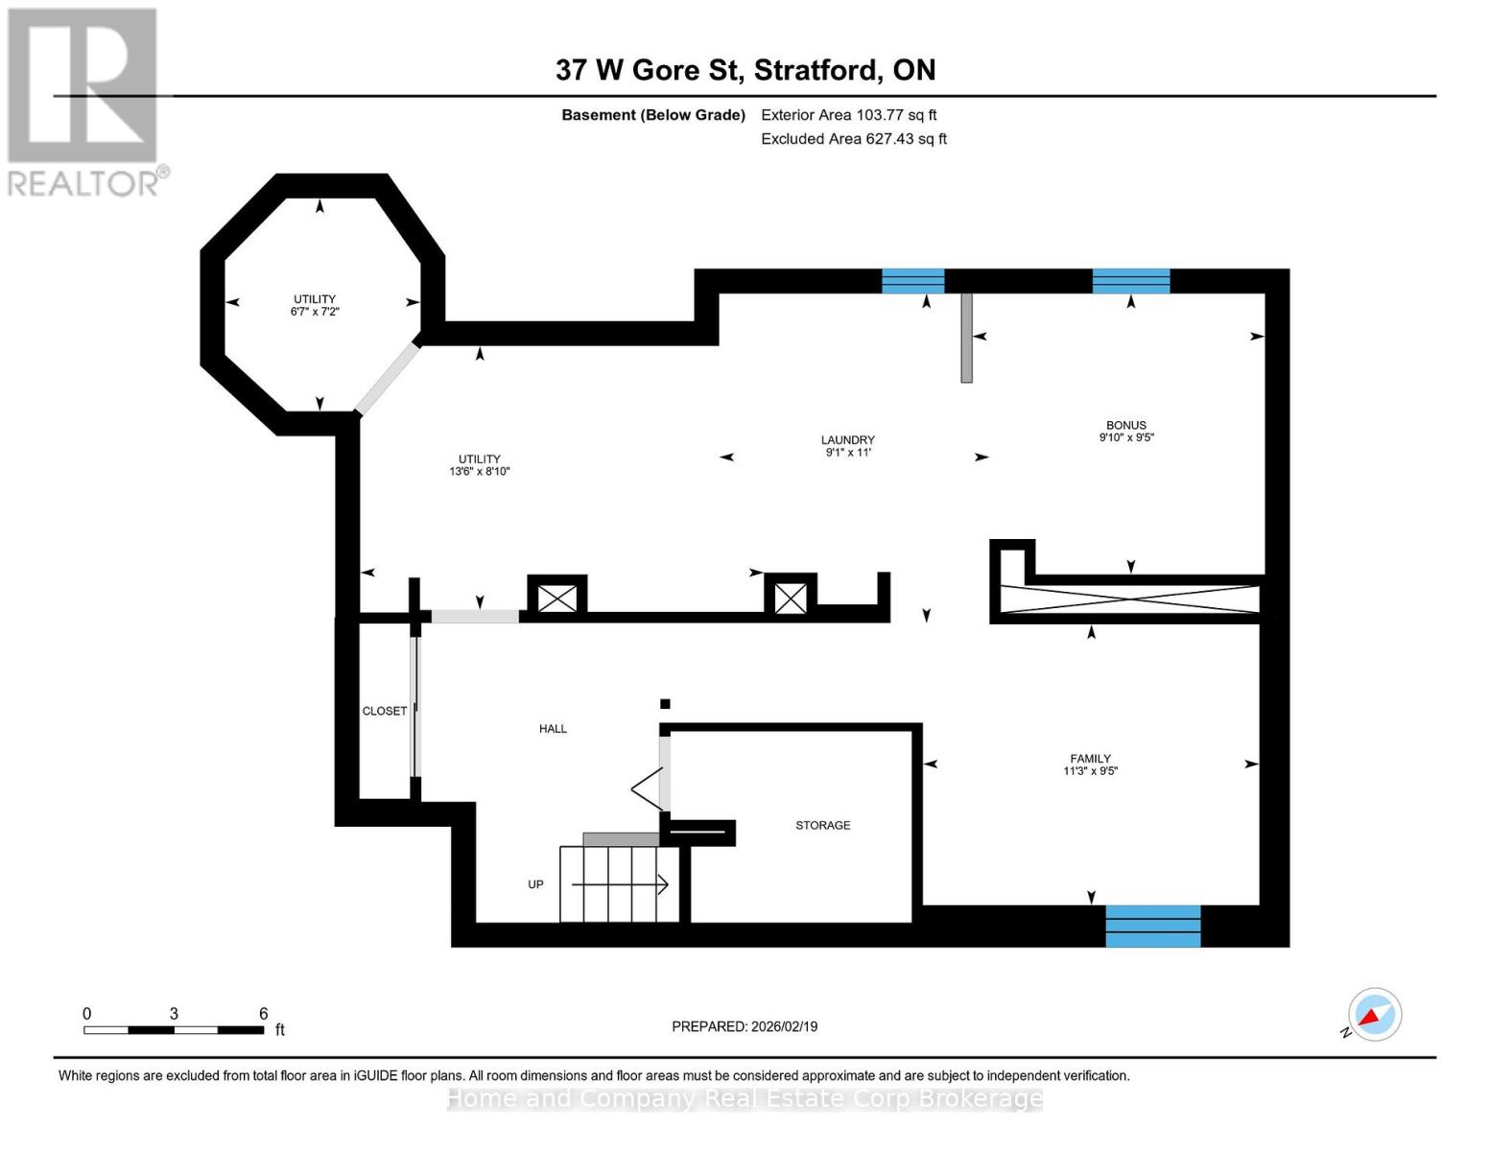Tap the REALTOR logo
pos(84,101)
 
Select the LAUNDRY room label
pos(847,440)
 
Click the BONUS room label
pos(1125,425)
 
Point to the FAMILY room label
pos(1090,759)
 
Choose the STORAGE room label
pos(822,825)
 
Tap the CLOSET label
pos(384,711)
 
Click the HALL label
pos(553,729)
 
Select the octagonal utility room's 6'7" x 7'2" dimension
pos(315,312)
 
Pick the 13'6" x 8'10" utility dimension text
pos(479,472)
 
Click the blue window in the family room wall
pos(1152,926)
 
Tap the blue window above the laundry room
pos(912,281)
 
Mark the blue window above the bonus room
pos(1130,281)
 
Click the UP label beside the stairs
pos(535,884)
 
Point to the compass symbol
pos(1374,1015)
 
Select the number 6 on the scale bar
pos(263,1014)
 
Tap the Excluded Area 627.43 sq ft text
pos(853,139)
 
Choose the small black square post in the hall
pos(665,704)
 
